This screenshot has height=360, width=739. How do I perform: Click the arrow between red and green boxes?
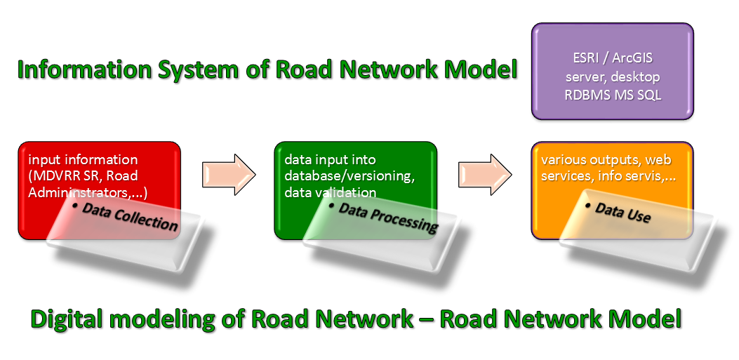click(229, 175)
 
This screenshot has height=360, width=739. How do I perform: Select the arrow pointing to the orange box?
click(485, 175)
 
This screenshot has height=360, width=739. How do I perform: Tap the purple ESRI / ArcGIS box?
click(613, 71)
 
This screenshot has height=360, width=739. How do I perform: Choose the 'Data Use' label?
click(618, 212)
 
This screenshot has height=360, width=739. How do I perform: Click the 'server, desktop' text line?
click(613, 76)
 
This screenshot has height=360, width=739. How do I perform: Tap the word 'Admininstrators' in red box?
click(83, 193)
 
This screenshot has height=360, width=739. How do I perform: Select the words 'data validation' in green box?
click(331, 193)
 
